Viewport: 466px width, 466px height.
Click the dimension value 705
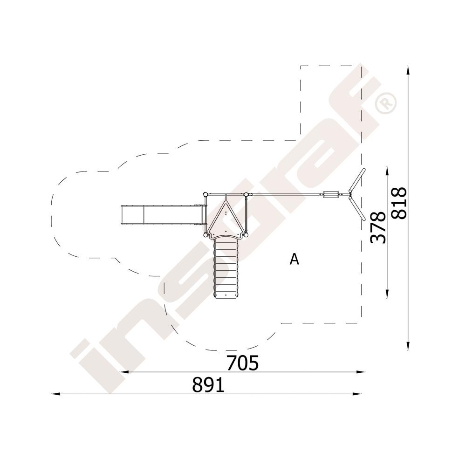point(242,363)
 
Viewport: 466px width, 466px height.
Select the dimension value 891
point(208,385)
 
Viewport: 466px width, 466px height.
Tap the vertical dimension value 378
point(378,227)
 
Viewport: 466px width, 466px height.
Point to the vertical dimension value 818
point(398,203)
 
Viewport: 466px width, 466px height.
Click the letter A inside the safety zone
point(294,259)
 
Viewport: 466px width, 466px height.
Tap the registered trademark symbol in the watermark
point(386,103)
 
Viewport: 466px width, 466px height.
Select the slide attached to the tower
point(163,214)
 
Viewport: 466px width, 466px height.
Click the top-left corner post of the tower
point(205,195)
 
